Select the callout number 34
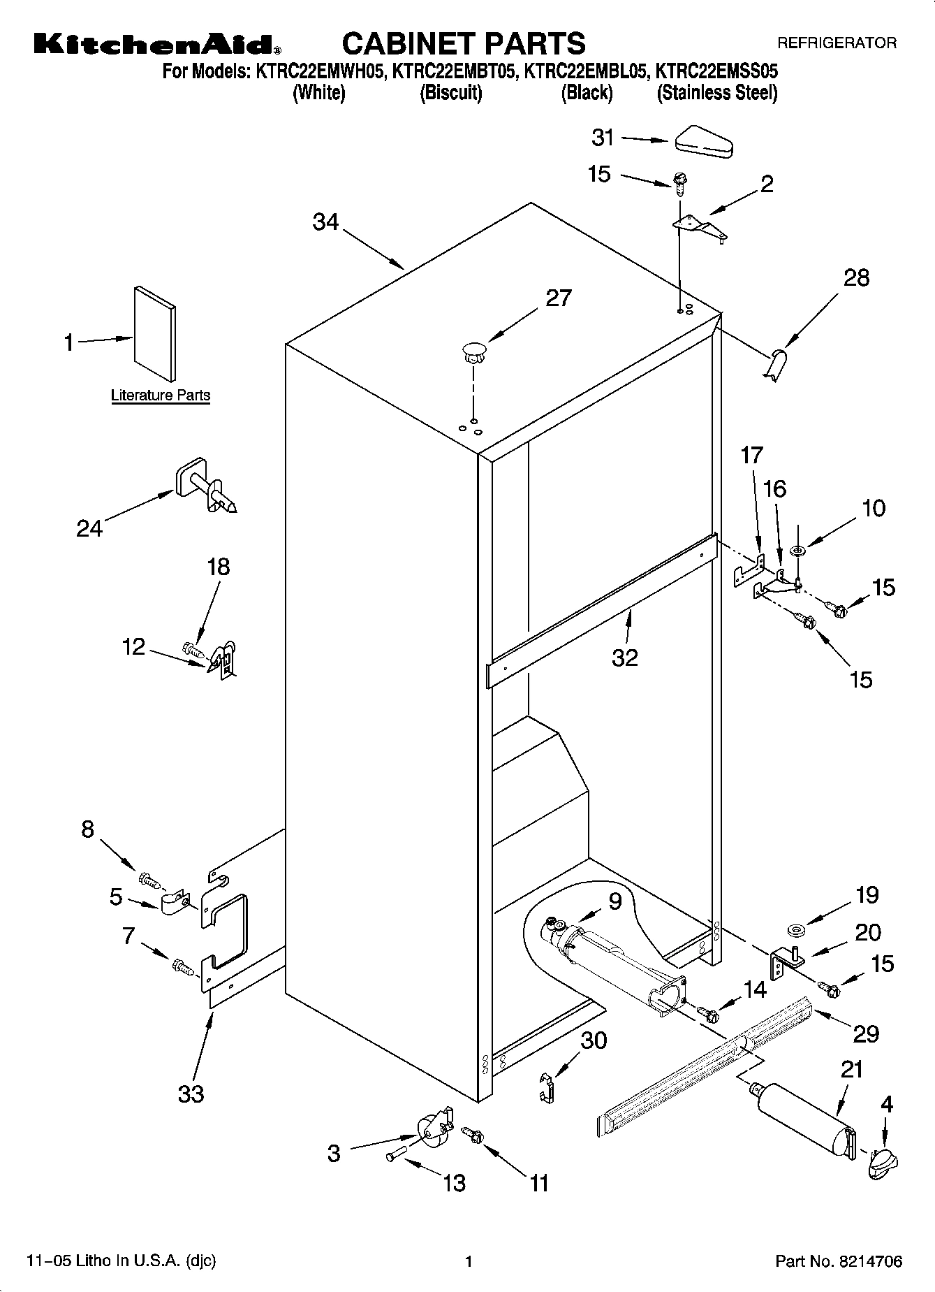pos(325,222)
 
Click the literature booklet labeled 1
pos(154,333)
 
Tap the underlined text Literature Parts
pos(161,395)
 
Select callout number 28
pos(856,278)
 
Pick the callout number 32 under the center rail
pos(624,658)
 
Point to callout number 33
pos(191,1094)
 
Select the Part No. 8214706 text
pos(839,1261)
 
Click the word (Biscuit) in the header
pos(450,93)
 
